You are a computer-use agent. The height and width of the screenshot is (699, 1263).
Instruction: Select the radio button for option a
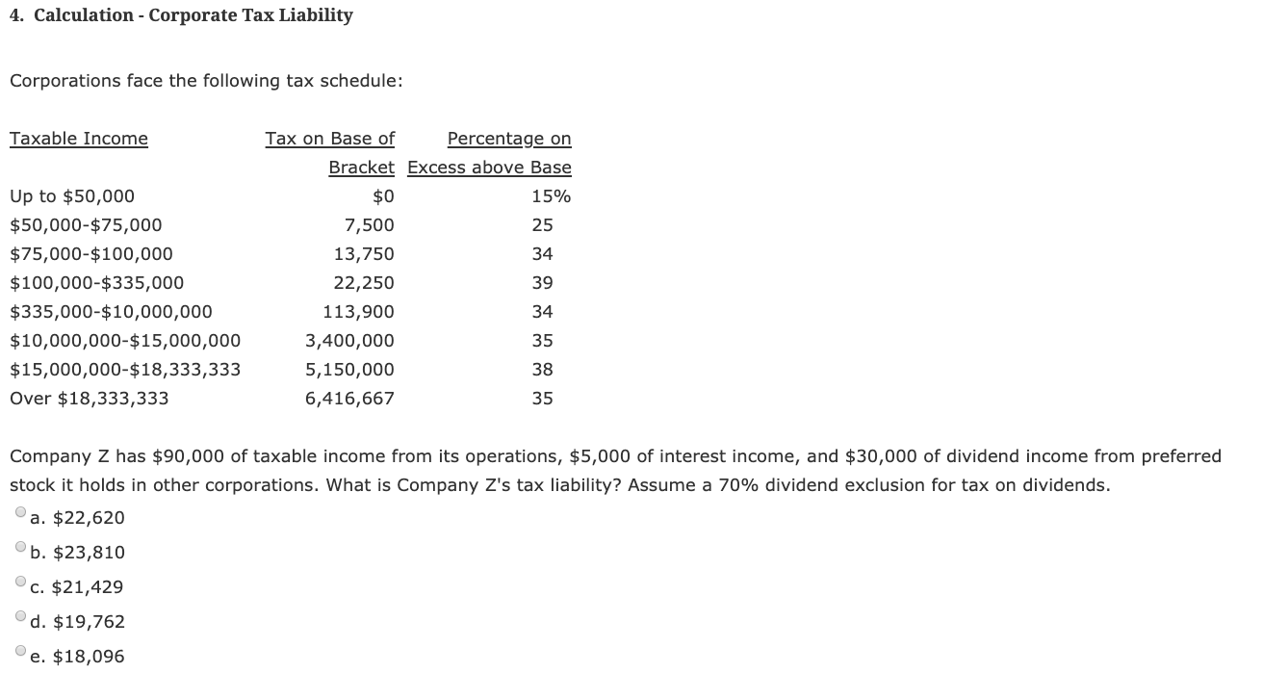[x=21, y=513]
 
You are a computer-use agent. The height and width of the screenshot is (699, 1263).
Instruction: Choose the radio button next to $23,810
[x=21, y=548]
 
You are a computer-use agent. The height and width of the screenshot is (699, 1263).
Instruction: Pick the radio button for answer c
[x=21, y=582]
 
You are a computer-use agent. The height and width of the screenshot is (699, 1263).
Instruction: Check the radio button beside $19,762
[x=21, y=617]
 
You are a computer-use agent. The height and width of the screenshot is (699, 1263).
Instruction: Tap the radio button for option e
[x=21, y=652]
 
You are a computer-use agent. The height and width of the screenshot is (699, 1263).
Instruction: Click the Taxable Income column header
[x=79, y=139]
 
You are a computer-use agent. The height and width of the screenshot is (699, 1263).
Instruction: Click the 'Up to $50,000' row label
[x=72, y=196]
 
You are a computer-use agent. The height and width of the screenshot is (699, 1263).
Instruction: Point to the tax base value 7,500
[x=369, y=225]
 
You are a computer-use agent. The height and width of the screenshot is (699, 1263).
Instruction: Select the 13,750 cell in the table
[x=364, y=254]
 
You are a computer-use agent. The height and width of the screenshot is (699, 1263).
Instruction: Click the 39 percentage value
[x=542, y=283]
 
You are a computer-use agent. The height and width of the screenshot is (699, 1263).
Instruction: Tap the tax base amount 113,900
[x=359, y=312]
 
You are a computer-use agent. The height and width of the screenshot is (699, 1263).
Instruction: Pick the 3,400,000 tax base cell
[x=349, y=341]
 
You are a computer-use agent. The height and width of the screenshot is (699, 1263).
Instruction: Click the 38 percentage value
[x=542, y=370]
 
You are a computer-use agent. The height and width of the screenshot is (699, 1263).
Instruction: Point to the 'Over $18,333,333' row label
[x=89, y=399]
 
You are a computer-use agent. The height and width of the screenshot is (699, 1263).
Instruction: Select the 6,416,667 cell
[x=349, y=399]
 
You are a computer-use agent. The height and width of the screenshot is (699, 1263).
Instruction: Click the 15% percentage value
[x=551, y=196]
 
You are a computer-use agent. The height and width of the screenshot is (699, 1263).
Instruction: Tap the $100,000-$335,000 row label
[x=96, y=283]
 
